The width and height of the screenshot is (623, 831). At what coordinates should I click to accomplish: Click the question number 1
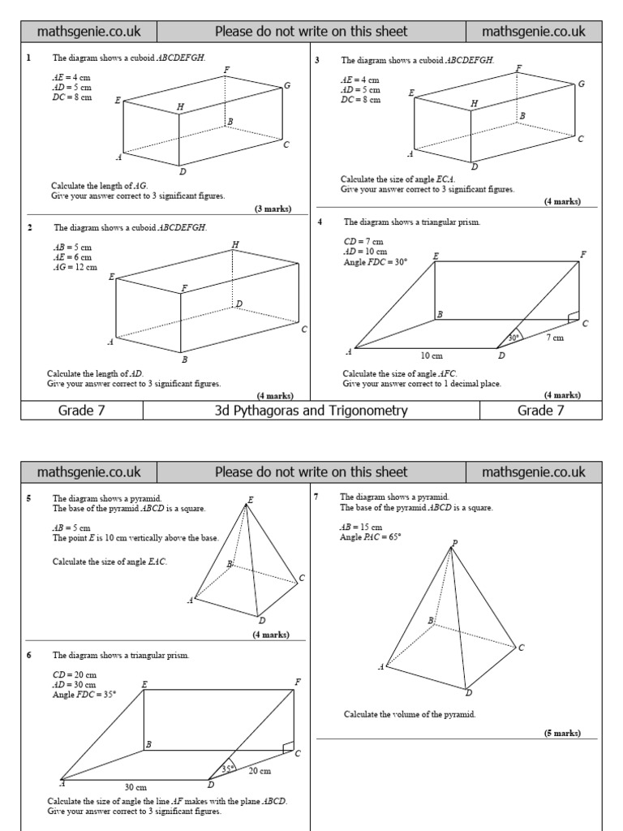pyautogui.click(x=28, y=58)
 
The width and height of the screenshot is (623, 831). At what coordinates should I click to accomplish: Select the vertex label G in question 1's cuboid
pyautogui.click(x=287, y=85)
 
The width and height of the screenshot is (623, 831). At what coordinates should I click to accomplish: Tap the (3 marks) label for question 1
pyautogui.click(x=273, y=209)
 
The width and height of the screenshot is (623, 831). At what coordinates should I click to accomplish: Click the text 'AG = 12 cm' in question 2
pyautogui.click(x=75, y=267)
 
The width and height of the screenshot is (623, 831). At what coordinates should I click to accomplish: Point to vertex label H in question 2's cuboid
pyautogui.click(x=235, y=244)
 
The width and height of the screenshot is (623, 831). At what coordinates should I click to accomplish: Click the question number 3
pyautogui.click(x=317, y=59)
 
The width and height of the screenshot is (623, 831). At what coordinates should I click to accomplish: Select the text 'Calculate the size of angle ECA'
pyautogui.click(x=397, y=179)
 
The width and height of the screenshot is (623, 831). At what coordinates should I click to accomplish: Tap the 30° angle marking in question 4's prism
pyautogui.click(x=513, y=337)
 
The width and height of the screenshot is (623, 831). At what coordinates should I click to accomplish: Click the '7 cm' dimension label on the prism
pyautogui.click(x=554, y=338)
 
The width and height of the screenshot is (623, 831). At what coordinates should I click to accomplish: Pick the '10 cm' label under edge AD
pyautogui.click(x=432, y=355)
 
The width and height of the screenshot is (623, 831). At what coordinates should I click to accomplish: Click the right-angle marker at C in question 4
pyautogui.click(x=574, y=316)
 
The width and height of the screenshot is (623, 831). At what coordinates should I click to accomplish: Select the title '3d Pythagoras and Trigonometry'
pyautogui.click(x=311, y=411)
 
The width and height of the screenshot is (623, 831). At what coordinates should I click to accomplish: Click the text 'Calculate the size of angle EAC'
pyautogui.click(x=110, y=562)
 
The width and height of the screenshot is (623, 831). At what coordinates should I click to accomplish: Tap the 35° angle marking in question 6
pyautogui.click(x=228, y=769)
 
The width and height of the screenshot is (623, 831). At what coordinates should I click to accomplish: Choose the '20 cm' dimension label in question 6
pyautogui.click(x=260, y=770)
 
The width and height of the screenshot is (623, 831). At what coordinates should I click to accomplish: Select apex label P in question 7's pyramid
pyautogui.click(x=454, y=544)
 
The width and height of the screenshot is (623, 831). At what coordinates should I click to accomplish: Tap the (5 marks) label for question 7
pyautogui.click(x=562, y=733)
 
